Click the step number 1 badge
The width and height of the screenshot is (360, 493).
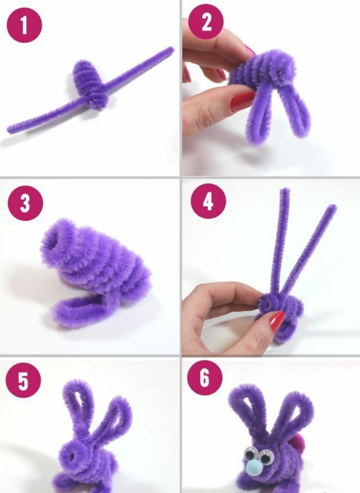click(24, 25)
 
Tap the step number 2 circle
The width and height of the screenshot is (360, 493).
click(206, 22)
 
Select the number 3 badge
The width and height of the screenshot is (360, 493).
click(25, 203)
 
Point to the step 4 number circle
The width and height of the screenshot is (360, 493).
click(208, 201)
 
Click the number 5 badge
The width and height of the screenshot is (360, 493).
click(23, 381)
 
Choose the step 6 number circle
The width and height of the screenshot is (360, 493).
click(204, 378)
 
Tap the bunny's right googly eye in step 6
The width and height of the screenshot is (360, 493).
click(266, 457)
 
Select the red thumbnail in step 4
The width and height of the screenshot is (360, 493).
click(277, 321)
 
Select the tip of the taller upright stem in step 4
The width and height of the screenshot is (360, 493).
click(285, 190)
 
